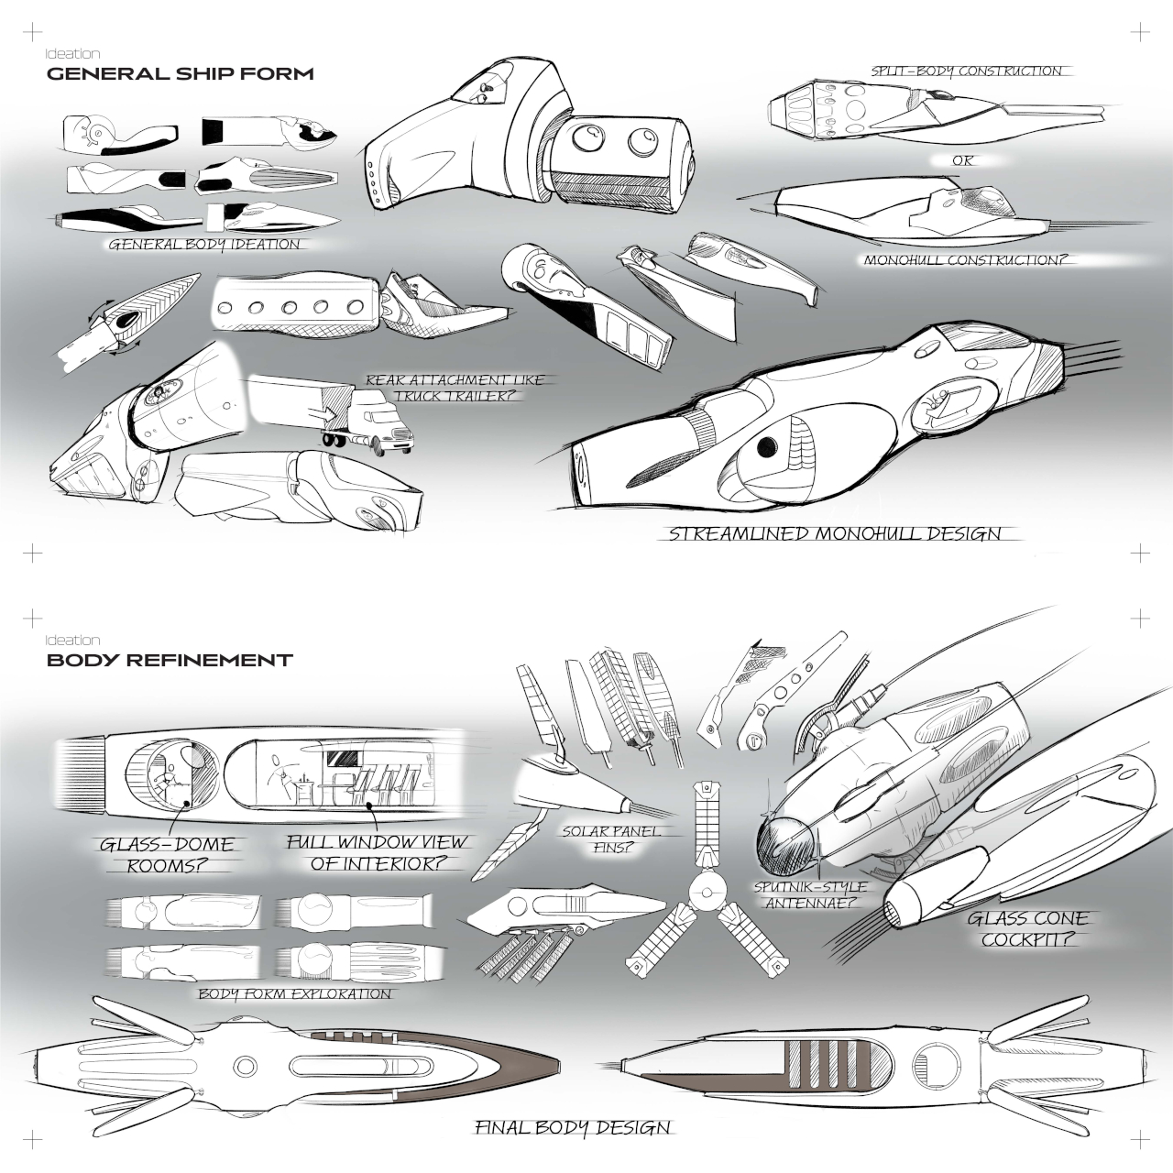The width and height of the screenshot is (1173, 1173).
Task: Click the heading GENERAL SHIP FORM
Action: point(180,74)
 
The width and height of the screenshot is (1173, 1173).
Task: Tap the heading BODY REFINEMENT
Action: point(170,660)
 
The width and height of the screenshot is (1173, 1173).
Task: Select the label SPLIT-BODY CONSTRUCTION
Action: point(966,71)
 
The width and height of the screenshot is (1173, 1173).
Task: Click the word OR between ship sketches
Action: point(963,160)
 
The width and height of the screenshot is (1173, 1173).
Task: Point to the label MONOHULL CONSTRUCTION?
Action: point(966,260)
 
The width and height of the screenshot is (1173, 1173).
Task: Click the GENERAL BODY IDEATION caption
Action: point(203,245)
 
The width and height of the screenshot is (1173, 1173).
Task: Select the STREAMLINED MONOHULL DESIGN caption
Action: point(835,533)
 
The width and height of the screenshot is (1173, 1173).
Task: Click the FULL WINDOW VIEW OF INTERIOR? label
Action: point(377,852)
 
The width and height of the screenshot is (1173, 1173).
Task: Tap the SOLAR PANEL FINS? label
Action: point(611,839)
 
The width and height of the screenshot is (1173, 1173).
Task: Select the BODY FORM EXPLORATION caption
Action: point(295,993)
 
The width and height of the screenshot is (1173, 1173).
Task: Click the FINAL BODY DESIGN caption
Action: point(573,1127)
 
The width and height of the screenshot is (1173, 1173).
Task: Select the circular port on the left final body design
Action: point(244,1066)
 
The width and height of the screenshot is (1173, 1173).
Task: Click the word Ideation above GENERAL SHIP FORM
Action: point(73,54)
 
